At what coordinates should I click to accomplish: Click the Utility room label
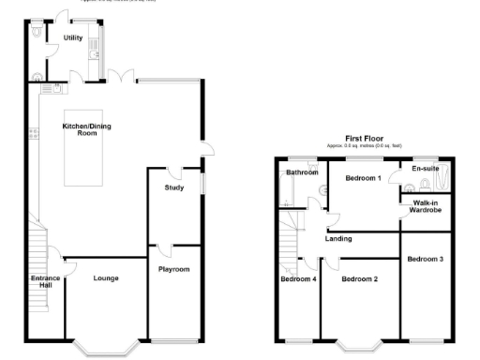[x=73, y=38]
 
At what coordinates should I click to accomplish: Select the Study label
[x=173, y=187]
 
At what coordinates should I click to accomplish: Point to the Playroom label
[x=173, y=269]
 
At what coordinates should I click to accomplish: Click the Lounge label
[x=105, y=277]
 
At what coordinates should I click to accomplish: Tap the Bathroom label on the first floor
[x=302, y=172]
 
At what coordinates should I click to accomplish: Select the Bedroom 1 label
[x=363, y=177]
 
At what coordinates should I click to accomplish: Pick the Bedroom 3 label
[x=427, y=258]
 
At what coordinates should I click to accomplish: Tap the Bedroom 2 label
[x=359, y=279]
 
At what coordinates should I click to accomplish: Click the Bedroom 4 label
[x=298, y=279]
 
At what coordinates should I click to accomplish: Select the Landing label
[x=338, y=238]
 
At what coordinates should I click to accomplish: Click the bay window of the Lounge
[x=104, y=348]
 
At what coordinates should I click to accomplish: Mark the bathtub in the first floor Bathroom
[x=283, y=193]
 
